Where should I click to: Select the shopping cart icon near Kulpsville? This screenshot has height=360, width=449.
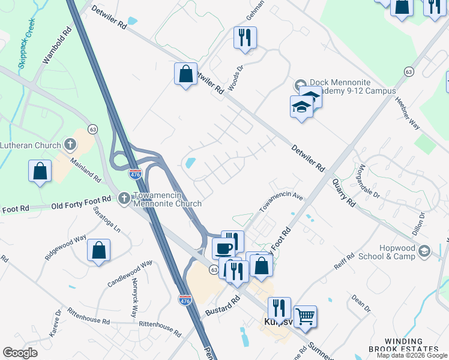[x=305, y=316]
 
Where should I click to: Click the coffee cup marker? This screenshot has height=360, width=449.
[x=224, y=248]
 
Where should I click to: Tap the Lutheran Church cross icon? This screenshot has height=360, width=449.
[x=70, y=145]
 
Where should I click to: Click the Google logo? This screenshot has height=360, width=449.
[x=20, y=352]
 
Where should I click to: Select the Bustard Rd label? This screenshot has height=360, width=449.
[x=222, y=305]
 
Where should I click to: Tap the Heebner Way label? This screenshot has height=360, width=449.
[x=407, y=112]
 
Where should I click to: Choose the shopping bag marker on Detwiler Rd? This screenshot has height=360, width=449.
[x=185, y=74]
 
